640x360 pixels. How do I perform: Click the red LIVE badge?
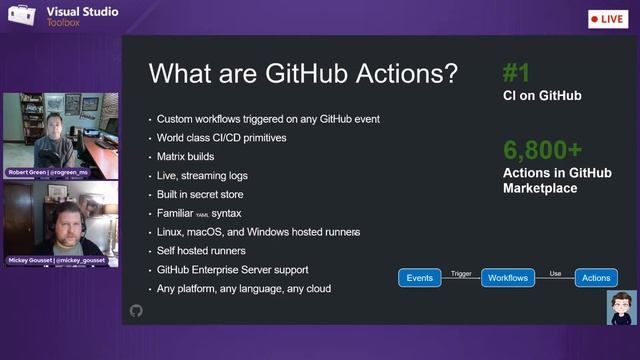click(x=608, y=19)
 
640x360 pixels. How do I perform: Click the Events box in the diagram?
click(x=420, y=278)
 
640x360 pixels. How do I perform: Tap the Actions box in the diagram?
click(x=597, y=278)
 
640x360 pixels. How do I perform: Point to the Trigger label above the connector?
click(x=461, y=272)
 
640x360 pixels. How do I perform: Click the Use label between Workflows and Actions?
click(x=555, y=272)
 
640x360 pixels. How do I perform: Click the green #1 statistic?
click(x=516, y=72)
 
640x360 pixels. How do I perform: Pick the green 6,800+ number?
click(x=542, y=150)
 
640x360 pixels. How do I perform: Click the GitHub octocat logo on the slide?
click(x=137, y=311)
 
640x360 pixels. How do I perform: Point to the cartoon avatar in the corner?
click(x=621, y=307)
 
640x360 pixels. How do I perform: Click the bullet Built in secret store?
click(x=207, y=194)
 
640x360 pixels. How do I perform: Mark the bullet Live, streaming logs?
click(x=202, y=175)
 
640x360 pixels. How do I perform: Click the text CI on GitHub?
click(x=542, y=96)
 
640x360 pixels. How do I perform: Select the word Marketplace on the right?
click(x=540, y=187)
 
